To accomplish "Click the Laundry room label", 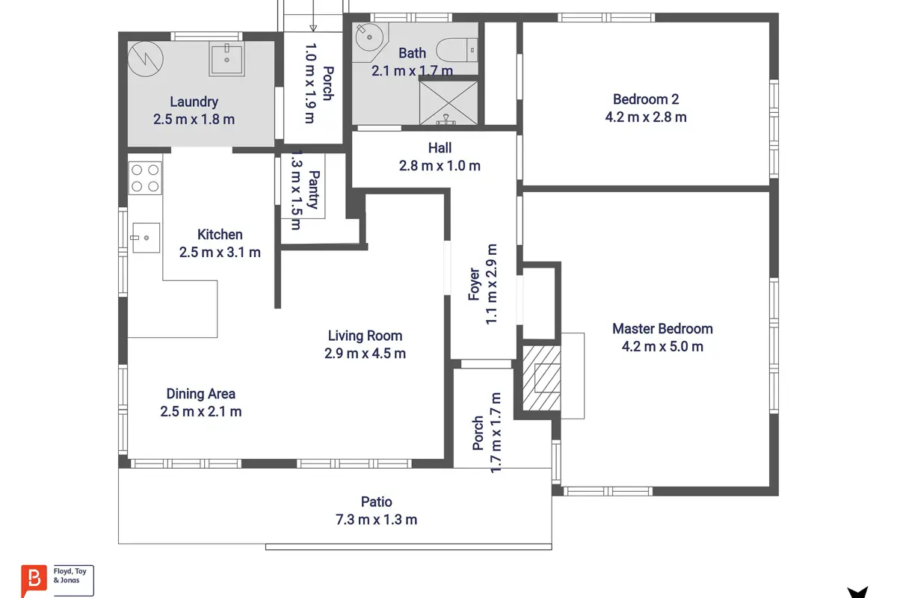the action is click(194, 102).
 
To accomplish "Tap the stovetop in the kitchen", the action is click(145, 178).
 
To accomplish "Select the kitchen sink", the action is click(146, 238).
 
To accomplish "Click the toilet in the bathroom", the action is click(457, 50).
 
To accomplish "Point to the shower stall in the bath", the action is click(449, 102).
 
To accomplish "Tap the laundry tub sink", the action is click(226, 60).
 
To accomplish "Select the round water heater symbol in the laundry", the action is click(145, 59).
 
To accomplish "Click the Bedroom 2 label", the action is click(646, 99).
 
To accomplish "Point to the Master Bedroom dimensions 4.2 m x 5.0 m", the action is click(662, 346).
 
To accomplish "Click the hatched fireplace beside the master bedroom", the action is click(541, 378).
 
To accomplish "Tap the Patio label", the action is click(377, 502).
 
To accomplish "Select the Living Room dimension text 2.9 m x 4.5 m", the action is click(365, 354).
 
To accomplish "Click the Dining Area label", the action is click(200, 394).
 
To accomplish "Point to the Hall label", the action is click(440, 148).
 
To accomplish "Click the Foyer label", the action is click(474, 284).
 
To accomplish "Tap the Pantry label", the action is click(315, 190).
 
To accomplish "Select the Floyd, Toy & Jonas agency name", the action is click(70, 576).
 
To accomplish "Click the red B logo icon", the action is click(34, 579).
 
